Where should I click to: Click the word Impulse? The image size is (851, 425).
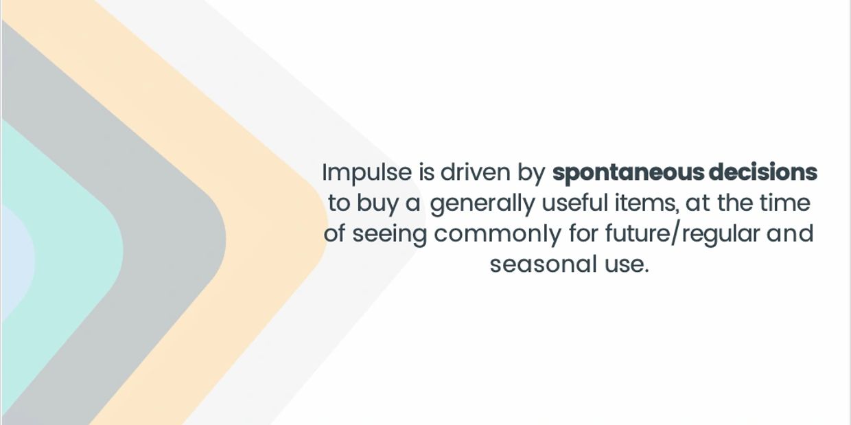(367, 173)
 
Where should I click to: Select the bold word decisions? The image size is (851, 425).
(763, 172)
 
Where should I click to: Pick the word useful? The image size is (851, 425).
(575, 203)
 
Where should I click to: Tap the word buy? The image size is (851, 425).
(377, 204)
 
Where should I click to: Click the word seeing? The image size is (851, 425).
(389, 235)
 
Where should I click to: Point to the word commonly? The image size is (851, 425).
(498, 235)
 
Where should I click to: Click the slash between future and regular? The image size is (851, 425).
(676, 234)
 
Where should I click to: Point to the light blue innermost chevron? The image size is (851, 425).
(17, 258)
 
